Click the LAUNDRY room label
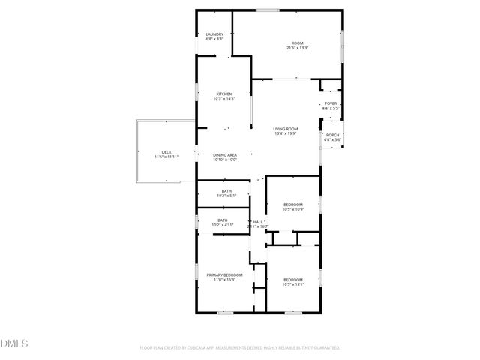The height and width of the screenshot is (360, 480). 215,34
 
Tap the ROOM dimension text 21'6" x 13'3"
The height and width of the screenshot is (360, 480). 298,48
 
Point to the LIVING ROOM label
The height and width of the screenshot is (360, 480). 286,129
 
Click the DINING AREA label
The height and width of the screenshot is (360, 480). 225,154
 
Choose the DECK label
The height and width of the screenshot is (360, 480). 166,152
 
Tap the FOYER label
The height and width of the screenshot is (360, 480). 331,103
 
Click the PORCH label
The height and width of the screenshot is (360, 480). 332,135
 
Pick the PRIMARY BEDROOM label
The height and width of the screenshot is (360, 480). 225,275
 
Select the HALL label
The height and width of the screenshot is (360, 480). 258,221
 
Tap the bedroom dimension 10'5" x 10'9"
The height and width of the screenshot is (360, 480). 293,209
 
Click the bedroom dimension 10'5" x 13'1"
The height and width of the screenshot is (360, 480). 293,284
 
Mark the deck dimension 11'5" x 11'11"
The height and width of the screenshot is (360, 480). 166,157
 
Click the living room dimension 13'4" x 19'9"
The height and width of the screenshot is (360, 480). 286,133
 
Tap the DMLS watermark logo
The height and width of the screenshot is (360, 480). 13,343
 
